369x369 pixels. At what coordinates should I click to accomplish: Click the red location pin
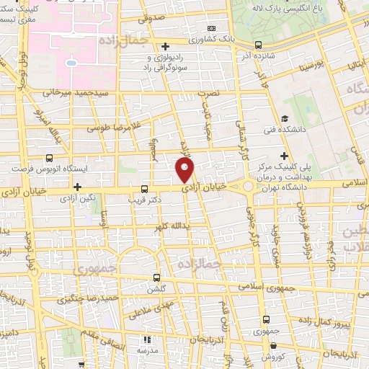(x=185, y=170)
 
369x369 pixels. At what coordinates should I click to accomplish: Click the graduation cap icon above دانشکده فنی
(x=285, y=120)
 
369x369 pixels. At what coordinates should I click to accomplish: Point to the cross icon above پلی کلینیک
(x=284, y=156)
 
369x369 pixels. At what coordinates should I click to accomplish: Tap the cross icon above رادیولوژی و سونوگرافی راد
(x=167, y=45)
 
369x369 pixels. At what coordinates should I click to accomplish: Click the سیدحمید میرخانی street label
(x=66, y=92)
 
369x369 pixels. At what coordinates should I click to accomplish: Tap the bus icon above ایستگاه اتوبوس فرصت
(x=49, y=158)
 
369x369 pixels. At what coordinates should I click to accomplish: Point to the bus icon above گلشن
(x=157, y=277)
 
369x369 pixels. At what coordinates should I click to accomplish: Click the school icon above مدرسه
(x=147, y=339)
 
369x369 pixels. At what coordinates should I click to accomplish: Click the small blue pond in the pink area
(x=71, y=62)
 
